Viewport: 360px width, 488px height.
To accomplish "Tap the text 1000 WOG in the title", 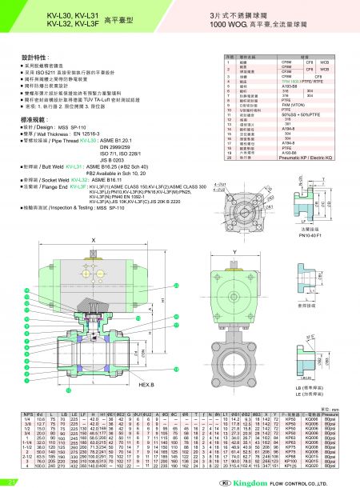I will click(226, 26).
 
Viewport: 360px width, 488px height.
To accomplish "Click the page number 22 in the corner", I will click(11, 482).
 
